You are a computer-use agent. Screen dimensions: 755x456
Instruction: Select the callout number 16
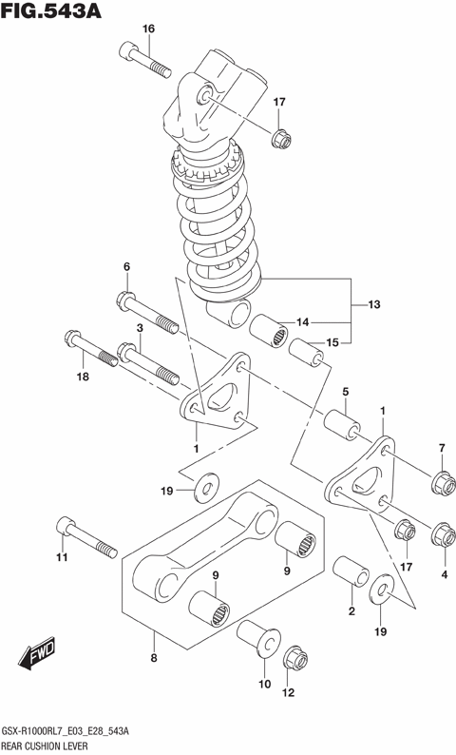point(147,29)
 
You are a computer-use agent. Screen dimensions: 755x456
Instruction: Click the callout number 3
point(139,328)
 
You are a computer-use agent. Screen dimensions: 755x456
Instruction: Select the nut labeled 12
point(293,659)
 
